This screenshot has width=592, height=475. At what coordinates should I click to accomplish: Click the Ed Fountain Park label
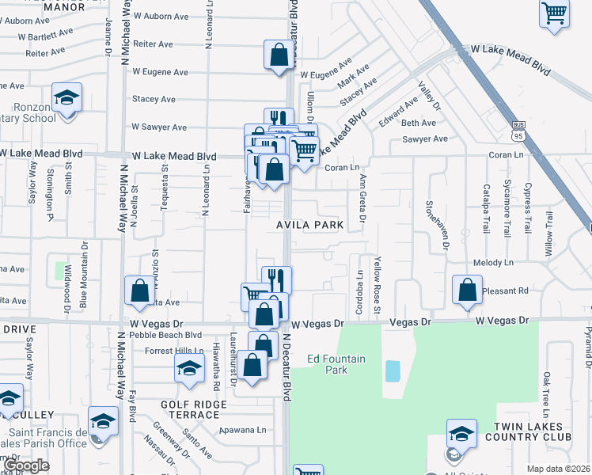pos(336,364)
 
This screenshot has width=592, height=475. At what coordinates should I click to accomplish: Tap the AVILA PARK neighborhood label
pos(309,226)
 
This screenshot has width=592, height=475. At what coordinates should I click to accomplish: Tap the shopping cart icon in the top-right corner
pos(555,13)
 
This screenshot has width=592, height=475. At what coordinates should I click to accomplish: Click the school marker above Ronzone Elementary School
pos(66,98)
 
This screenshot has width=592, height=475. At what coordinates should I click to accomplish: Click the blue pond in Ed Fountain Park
pos(393,370)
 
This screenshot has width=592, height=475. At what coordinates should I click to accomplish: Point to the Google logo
pos(26,466)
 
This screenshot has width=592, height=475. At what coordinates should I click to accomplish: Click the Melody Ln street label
pos(494,262)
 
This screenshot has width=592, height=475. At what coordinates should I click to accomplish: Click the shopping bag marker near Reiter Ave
pos(279,55)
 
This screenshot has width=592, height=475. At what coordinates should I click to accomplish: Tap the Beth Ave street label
pos(419,123)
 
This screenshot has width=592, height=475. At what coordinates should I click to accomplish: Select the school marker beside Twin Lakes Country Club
pos(461,433)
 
